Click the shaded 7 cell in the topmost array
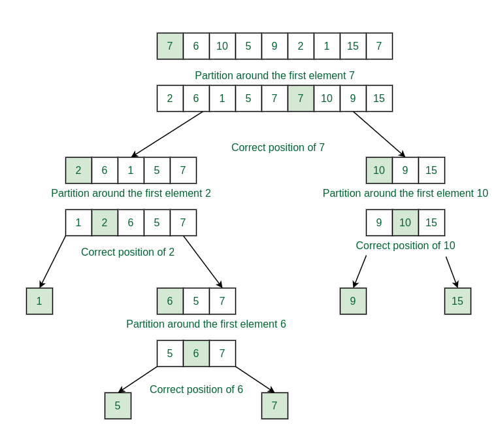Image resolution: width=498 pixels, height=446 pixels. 170,46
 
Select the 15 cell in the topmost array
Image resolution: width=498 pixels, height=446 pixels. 353,46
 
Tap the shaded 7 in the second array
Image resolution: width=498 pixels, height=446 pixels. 301,98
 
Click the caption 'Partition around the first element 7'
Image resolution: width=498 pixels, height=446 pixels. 274,75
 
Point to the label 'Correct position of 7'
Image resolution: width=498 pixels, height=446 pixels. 278,148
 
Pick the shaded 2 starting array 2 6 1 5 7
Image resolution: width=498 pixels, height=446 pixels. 78,170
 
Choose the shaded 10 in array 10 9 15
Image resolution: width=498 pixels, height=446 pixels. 379,170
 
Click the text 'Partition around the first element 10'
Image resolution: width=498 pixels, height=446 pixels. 405,194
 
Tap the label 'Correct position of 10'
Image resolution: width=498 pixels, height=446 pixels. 405,245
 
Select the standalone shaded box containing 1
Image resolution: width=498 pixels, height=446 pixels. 39,301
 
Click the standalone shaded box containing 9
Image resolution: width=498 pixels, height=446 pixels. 353,301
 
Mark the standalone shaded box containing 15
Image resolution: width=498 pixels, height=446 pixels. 457,301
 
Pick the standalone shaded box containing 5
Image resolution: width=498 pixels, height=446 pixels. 118,405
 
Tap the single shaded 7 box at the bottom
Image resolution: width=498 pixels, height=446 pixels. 274,405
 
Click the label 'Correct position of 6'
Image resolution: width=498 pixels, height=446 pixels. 196,389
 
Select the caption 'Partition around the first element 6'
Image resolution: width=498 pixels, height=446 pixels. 206,324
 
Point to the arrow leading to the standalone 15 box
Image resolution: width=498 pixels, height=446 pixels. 452,272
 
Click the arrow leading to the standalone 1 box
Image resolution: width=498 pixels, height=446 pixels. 53,262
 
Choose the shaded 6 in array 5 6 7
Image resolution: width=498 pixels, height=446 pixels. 196,353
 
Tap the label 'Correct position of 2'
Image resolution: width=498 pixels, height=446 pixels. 127,252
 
